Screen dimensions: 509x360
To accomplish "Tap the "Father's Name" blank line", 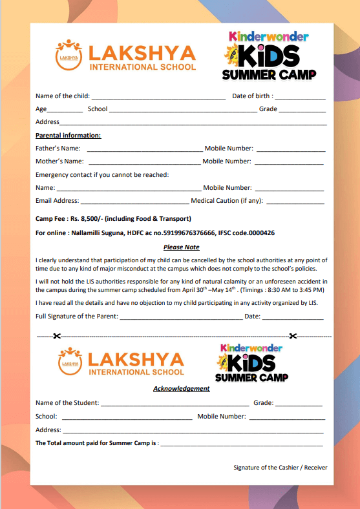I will (144, 149).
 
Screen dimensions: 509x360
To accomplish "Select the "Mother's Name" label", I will (59, 161).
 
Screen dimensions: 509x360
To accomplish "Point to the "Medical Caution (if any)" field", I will (295, 202).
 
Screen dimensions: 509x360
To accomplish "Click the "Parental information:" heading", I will (68, 135).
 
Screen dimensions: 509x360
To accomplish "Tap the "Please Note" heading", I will (181, 247).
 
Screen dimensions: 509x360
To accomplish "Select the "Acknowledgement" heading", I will (181, 388).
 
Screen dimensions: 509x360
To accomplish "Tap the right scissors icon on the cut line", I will (293, 336).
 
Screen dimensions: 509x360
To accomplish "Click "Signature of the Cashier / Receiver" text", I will (281, 467).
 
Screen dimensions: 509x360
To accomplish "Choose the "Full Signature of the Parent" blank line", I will (180, 317).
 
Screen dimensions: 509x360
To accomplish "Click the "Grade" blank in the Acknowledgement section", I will (299, 404).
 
